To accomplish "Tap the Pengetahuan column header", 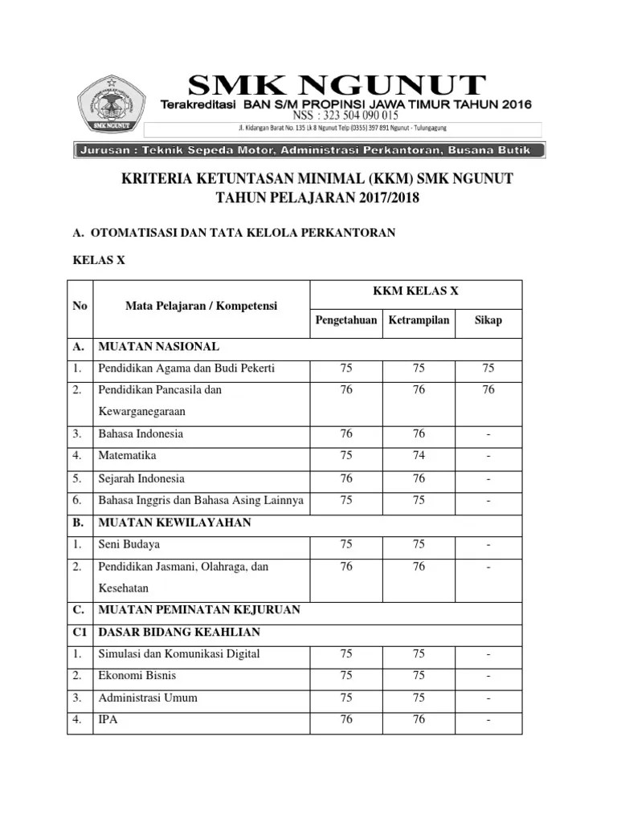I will point(345,320).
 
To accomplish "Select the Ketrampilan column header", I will point(419,320).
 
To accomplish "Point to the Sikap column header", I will point(488,320).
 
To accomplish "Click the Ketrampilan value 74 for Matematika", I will point(419,456).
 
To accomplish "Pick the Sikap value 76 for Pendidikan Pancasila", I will point(488,389).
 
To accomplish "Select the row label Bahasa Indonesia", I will point(141,433).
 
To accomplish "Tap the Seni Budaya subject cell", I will point(129,544).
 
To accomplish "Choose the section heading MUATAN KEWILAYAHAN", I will point(174,523).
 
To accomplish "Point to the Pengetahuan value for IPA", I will point(346,719).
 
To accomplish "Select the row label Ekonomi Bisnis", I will point(137,675).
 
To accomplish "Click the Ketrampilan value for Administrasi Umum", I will point(419,698).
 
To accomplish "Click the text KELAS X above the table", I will point(99,262).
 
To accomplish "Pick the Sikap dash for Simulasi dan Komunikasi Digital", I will point(488,653).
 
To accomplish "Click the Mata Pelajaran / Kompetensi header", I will point(201,306).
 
